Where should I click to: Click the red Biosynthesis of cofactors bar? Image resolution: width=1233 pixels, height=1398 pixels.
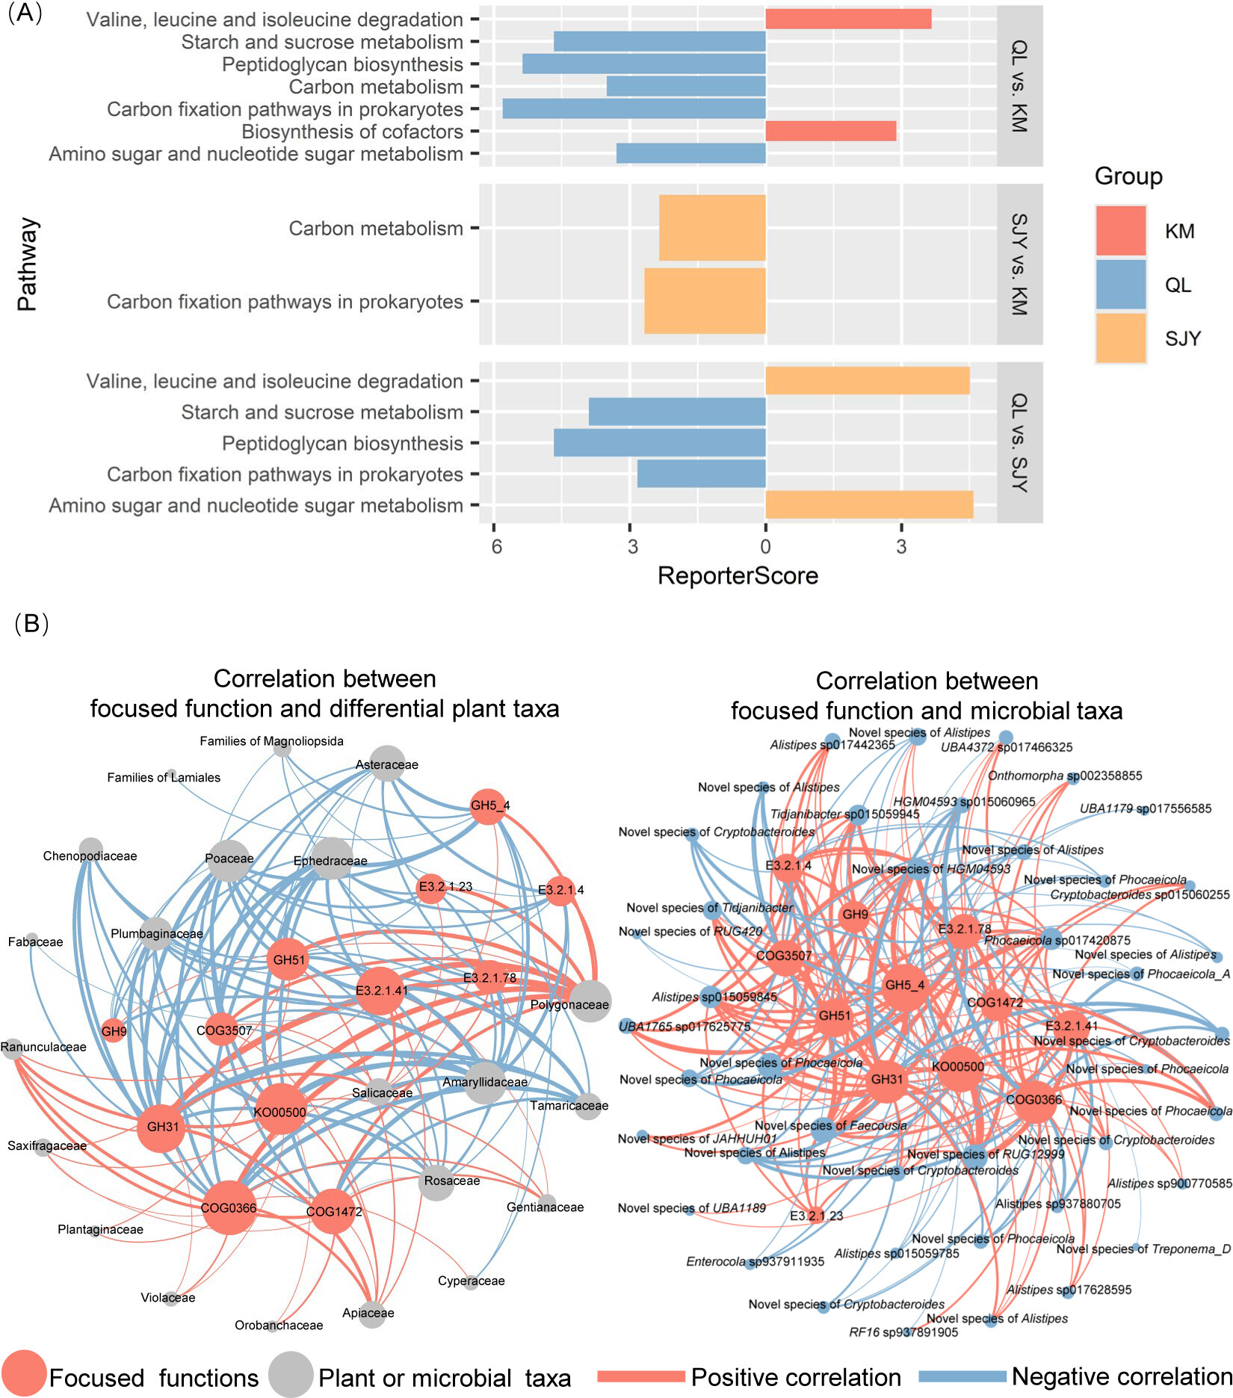coord(830,132)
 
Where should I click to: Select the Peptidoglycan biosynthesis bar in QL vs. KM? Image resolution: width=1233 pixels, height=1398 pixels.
coord(643,64)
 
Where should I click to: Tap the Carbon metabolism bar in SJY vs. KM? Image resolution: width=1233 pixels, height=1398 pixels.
coord(712,228)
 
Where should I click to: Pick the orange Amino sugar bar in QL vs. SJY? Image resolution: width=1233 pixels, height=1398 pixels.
coord(869,505)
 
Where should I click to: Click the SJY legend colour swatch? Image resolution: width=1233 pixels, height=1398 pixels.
coord(1120,338)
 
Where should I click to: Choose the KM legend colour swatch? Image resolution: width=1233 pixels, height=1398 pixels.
coord(1120,231)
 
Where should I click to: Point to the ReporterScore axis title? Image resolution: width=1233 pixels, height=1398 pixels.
coord(738,576)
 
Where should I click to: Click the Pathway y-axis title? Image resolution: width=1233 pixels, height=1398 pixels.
coord(27,265)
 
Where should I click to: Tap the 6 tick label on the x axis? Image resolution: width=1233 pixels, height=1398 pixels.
coord(496,547)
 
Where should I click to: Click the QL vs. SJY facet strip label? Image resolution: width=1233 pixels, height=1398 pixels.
coord(1019,443)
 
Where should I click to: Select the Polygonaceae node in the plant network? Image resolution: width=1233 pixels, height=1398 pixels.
coord(590,1001)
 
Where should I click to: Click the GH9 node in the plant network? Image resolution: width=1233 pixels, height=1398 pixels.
coord(114,1030)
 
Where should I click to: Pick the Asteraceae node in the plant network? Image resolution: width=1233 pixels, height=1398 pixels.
coord(387,763)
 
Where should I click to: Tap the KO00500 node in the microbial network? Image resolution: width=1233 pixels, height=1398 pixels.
coord(958,1066)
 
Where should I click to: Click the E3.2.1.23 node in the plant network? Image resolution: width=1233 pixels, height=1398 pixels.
coord(430,888)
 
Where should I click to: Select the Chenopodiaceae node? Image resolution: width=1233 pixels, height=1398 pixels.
coord(90,850)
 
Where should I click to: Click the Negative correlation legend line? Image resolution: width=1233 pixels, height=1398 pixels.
coord(962,1376)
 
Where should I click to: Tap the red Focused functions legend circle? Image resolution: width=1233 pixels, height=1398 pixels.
coord(24,1374)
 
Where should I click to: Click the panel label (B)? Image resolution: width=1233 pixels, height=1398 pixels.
coord(31,623)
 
